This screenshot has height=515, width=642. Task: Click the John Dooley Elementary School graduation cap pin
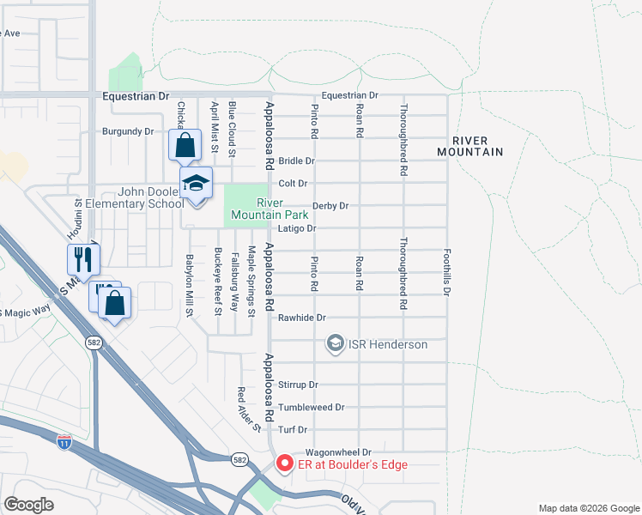click(196, 184)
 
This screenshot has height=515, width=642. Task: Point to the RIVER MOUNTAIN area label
click(469, 146)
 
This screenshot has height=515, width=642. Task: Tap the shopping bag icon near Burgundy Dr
click(185, 145)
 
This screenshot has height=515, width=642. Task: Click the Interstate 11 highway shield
click(64, 442)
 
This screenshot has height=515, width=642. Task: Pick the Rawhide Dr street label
click(301, 318)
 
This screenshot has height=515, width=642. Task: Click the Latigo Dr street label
click(297, 229)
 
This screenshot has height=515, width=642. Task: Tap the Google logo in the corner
click(29, 505)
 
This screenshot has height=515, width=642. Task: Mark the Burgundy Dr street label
click(127, 132)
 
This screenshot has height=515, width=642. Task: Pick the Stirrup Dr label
click(299, 385)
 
